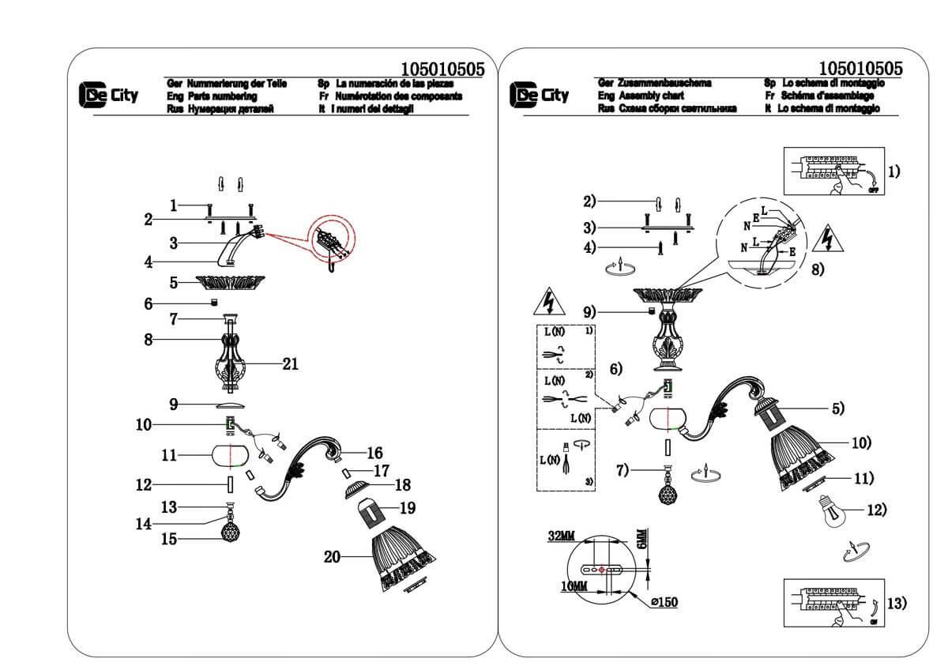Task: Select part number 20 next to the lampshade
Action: coord(333,556)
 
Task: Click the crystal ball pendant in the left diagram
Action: coord(230,530)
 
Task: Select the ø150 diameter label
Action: coord(664,602)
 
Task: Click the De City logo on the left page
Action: coord(109,96)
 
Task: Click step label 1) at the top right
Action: coord(891,171)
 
